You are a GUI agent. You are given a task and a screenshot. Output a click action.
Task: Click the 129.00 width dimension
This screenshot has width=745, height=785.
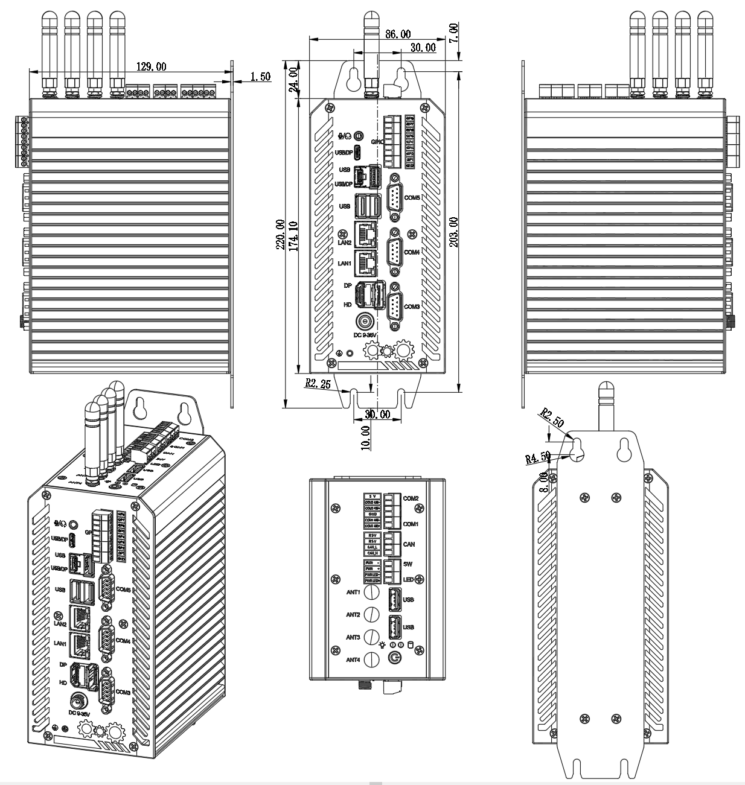152,66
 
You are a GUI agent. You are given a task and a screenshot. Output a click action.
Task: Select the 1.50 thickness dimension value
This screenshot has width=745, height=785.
260,77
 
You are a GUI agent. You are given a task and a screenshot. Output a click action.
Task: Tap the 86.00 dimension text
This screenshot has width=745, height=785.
398,34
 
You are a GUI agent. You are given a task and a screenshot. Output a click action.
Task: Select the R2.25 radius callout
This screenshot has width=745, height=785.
318,383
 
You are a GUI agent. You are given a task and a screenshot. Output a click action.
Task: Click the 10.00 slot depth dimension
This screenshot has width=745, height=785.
365,436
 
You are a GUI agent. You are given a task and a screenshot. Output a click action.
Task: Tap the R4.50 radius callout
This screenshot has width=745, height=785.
537,457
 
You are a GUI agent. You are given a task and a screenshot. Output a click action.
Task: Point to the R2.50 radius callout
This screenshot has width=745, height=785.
552,418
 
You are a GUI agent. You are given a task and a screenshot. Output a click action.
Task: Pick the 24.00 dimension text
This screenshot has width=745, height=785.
293,80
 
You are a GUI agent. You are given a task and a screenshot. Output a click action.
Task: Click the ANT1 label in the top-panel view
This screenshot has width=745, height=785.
353,592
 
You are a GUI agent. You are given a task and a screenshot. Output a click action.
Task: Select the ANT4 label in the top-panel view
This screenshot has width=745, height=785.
353,659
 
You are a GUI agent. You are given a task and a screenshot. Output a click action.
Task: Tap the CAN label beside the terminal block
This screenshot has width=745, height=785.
409,544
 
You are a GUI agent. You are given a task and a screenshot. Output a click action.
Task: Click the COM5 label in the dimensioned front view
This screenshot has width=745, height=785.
412,198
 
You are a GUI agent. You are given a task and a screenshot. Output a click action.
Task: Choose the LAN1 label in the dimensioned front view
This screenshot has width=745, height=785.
344,263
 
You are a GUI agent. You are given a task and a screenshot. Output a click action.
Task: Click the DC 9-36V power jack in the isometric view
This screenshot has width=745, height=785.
77,701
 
